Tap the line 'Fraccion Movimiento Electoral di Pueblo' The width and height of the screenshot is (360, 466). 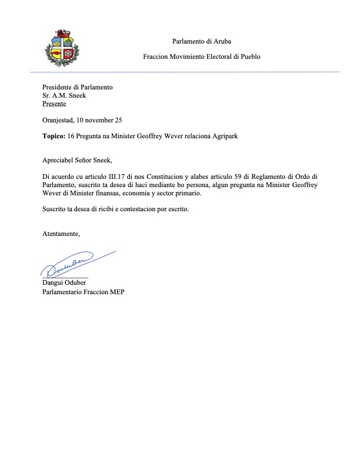tap(201, 57)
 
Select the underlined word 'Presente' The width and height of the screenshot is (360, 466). tap(54, 103)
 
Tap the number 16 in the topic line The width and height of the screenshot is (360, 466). tap(72, 136)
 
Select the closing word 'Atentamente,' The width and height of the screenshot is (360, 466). tap(61, 234)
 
